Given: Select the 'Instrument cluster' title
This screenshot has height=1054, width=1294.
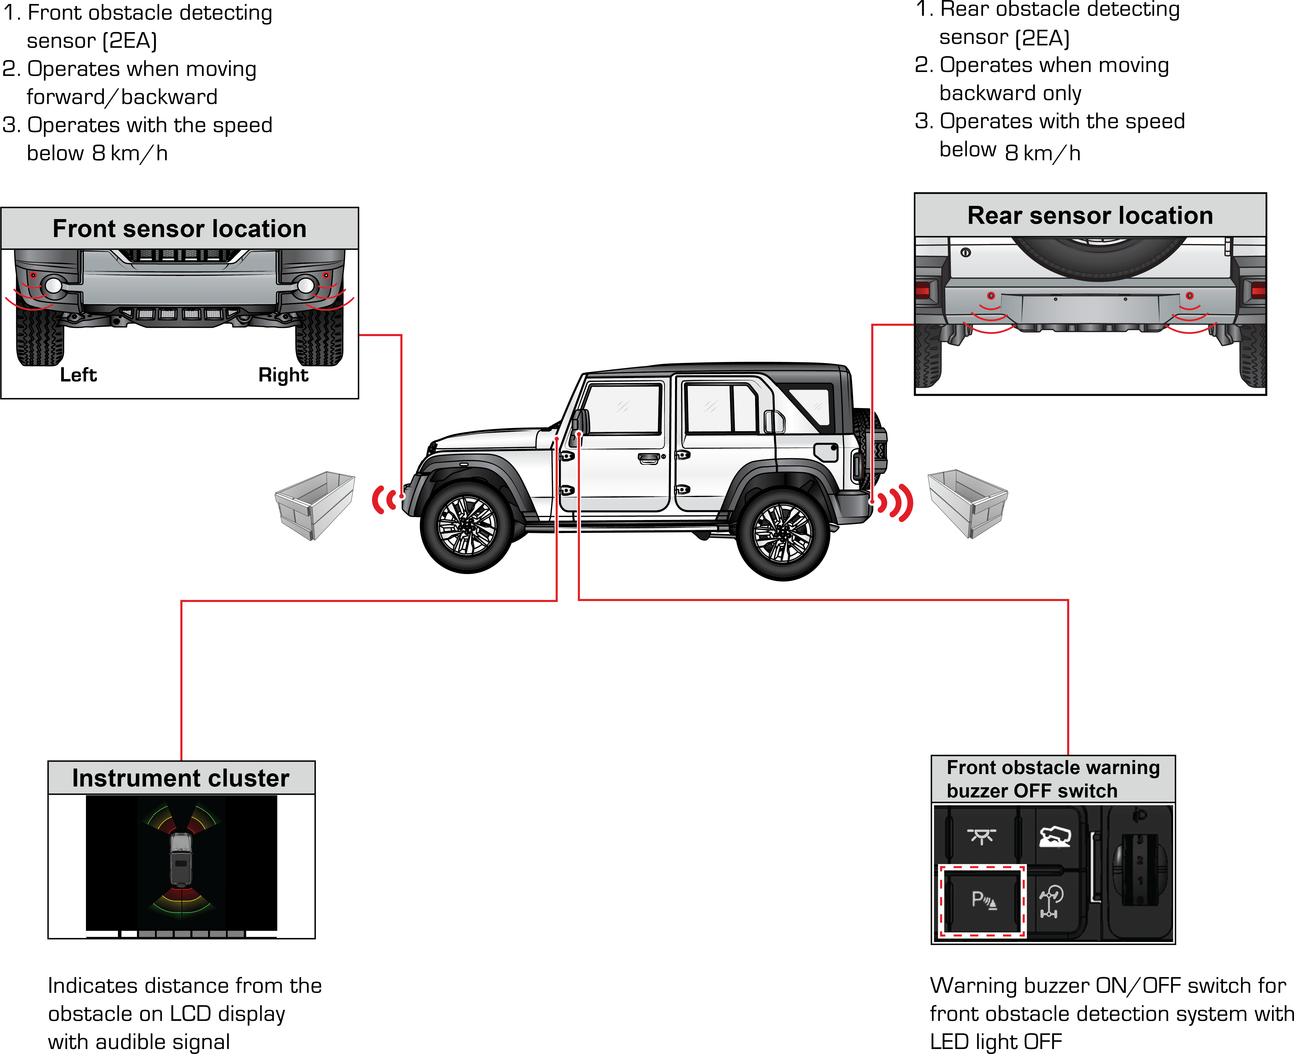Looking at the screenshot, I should (181, 778).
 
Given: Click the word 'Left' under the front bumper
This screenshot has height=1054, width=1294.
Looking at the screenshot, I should (78, 375).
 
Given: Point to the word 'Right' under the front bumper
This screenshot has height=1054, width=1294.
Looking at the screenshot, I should (283, 375).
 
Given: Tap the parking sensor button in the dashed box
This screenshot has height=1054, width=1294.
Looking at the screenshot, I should (982, 900).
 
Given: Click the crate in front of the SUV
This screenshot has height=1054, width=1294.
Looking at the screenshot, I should (314, 505).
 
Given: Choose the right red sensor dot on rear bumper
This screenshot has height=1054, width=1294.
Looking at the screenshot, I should (1190, 296).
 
